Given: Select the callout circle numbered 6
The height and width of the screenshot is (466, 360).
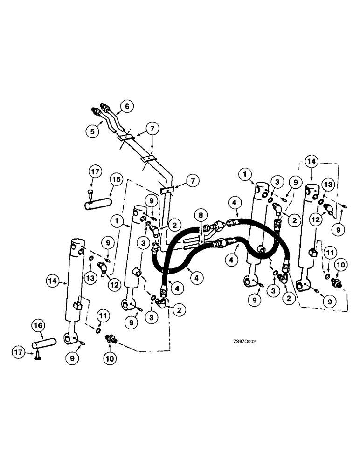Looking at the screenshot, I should [124, 106].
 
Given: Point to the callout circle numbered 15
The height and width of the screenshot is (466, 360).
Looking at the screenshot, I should [116, 180].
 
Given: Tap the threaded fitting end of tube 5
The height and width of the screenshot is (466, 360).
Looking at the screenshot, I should [96, 112].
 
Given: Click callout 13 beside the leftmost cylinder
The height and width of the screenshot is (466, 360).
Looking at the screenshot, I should [90, 278].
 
